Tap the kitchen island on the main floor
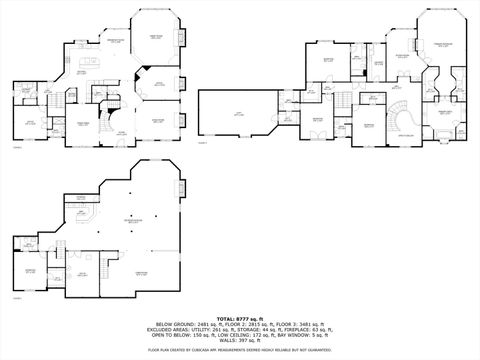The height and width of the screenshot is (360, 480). pyautogui.click(x=86, y=76)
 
